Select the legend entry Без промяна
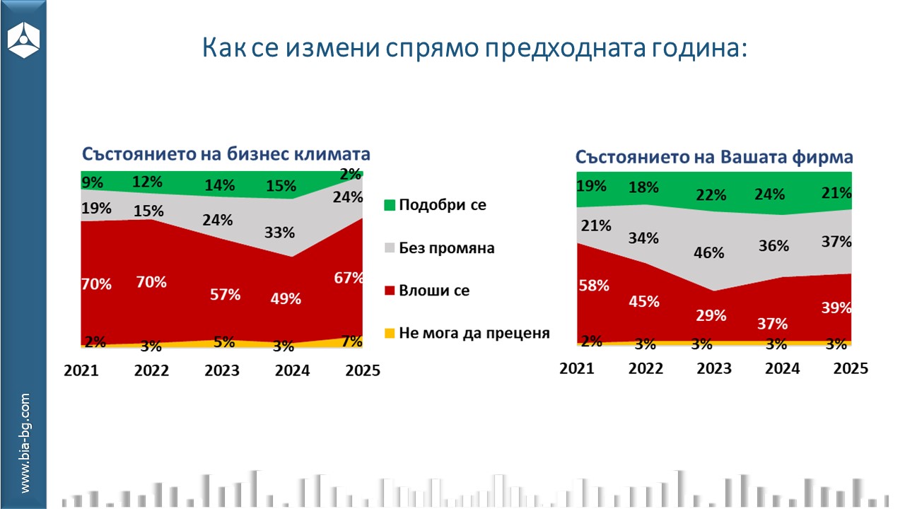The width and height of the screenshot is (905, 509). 446,248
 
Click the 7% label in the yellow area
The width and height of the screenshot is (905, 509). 351,341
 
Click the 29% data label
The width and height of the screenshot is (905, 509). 710,315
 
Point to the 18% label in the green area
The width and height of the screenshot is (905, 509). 644,187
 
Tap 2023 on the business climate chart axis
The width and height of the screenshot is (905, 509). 222,370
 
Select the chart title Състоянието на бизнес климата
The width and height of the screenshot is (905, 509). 226,154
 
